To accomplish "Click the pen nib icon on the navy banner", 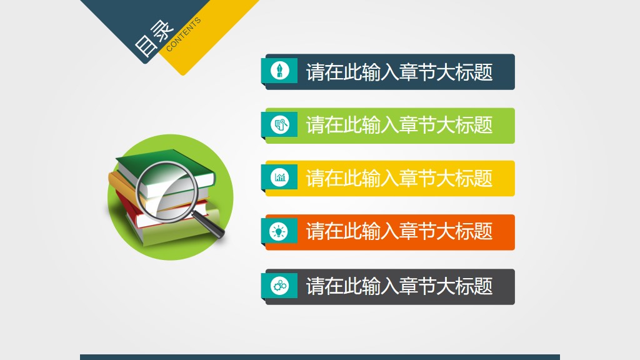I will pyautogui.click(x=279, y=70).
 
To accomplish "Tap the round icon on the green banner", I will pyautogui.click(x=279, y=124).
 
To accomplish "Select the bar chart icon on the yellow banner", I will pyautogui.click(x=279, y=177).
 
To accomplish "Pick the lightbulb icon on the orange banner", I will pyautogui.click(x=279, y=231).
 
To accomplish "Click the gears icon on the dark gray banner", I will pyautogui.click(x=279, y=286).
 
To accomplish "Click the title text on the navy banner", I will pyautogui.click(x=399, y=72).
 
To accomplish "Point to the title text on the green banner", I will pyautogui.click(x=399, y=125).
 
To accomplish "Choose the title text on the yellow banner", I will pyautogui.click(x=399, y=178).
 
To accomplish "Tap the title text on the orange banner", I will pyautogui.click(x=399, y=232).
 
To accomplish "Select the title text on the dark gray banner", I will pyautogui.click(x=399, y=286).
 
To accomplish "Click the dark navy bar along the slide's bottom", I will pyautogui.click(x=320, y=357).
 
